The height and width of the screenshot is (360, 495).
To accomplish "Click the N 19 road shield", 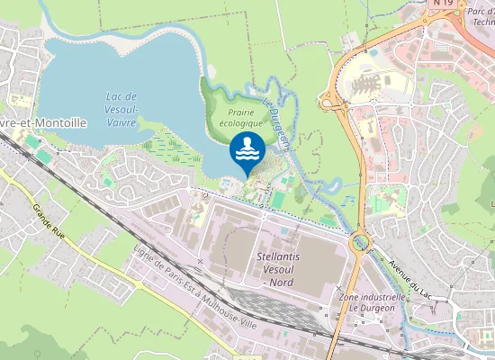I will coord(442,4).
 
